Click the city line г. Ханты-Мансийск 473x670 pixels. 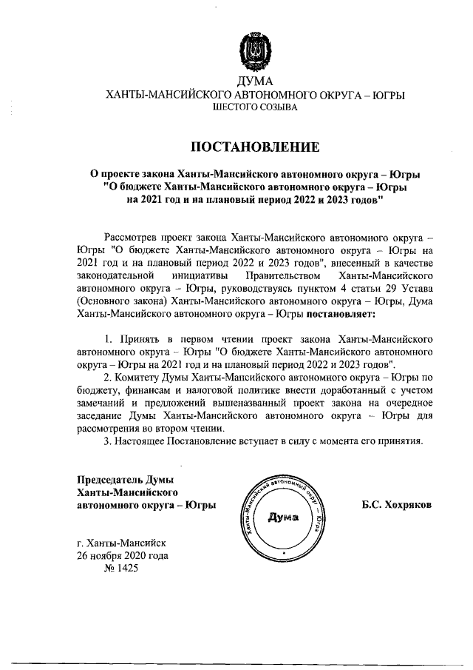(x=123, y=543)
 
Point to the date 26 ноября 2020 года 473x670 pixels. (x=123, y=555)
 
